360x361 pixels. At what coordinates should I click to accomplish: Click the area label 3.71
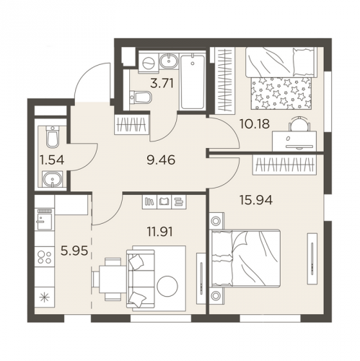tap(162, 84)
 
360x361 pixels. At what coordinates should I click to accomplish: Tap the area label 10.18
tap(255, 124)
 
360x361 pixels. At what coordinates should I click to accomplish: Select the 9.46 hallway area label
tap(161, 160)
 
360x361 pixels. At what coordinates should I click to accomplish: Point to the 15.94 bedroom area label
tap(256, 200)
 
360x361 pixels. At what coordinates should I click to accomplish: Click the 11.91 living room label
tap(160, 232)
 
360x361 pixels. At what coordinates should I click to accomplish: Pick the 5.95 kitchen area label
tap(74, 251)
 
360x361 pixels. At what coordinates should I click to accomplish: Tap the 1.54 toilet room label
tap(52, 160)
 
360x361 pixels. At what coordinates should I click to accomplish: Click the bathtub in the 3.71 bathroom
tap(193, 82)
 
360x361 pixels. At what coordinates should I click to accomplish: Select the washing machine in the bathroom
tap(148, 64)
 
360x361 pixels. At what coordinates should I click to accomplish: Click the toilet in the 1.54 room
tap(53, 136)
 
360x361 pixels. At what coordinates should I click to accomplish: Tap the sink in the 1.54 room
tap(53, 179)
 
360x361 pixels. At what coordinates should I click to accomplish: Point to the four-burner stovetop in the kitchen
tap(45, 257)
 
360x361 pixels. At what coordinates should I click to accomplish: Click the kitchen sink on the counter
tap(44, 219)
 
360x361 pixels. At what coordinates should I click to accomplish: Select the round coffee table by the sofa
tap(167, 287)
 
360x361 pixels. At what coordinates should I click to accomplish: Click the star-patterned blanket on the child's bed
tap(281, 93)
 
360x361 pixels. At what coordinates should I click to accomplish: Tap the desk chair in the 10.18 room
tap(299, 124)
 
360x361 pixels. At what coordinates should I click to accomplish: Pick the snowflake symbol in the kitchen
tap(45, 298)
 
